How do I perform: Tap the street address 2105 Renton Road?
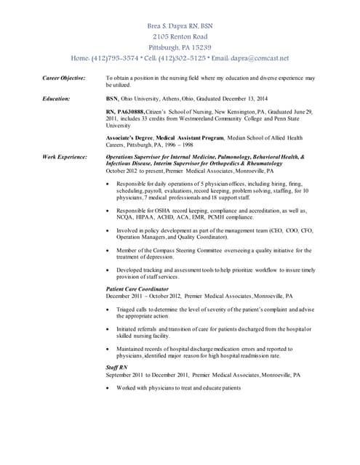point(180,36)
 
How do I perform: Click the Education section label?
point(56,98)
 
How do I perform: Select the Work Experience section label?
point(65,156)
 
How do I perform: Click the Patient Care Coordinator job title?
point(137,289)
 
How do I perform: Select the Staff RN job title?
point(117,368)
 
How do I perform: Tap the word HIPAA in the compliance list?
point(140,217)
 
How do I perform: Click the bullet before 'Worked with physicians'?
point(108,388)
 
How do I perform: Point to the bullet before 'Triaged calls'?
point(108,309)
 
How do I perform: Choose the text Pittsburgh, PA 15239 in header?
point(180,47)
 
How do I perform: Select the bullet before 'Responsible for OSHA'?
point(108,210)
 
